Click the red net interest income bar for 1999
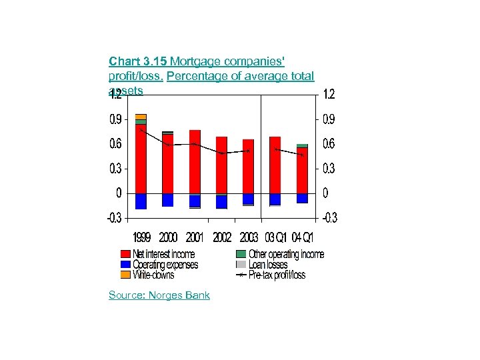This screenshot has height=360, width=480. pyautogui.click(x=141, y=160)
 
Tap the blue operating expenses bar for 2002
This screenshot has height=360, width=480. pyautogui.click(x=221, y=201)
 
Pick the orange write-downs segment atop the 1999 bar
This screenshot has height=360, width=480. pyautogui.click(x=141, y=117)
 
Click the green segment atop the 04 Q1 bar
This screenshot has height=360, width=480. pyautogui.click(x=302, y=145)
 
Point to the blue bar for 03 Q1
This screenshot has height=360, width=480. pyautogui.click(x=275, y=199)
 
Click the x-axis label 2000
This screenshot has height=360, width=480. pyautogui.click(x=168, y=237)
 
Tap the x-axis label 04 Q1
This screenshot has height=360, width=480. pyautogui.click(x=303, y=237)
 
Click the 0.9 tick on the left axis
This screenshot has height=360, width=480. pyautogui.click(x=115, y=119)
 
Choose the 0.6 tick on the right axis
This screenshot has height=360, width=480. pyautogui.click(x=329, y=144)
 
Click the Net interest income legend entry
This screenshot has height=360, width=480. pyautogui.click(x=163, y=254)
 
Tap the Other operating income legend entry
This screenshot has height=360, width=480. pyautogui.click(x=286, y=254)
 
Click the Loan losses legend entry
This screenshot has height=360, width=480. pyautogui.click(x=267, y=265)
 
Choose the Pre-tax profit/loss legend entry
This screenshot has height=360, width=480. pyautogui.click(x=276, y=275)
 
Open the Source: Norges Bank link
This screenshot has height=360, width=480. pyautogui.click(x=159, y=295)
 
